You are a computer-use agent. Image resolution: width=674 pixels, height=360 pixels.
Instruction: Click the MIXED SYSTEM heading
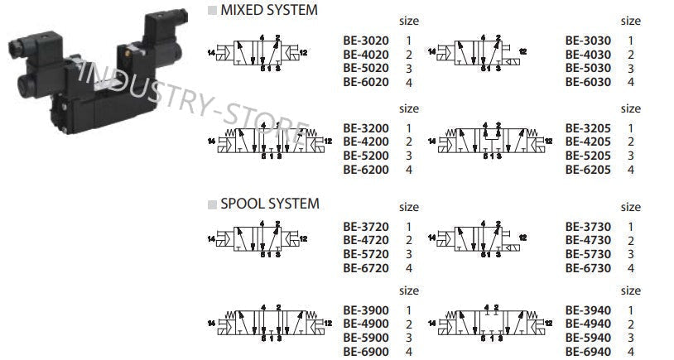268,10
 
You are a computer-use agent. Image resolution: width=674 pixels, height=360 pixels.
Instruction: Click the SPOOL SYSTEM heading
268,204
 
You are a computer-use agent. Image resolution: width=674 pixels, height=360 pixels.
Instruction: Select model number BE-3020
365,40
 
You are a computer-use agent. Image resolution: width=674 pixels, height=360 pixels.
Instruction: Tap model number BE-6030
588,82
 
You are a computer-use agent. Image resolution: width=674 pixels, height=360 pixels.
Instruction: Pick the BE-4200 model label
365,142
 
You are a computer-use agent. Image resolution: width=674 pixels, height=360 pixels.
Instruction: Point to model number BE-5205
588,156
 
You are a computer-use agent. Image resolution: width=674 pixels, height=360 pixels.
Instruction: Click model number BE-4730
588,240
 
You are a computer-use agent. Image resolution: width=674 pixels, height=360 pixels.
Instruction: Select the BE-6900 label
365,352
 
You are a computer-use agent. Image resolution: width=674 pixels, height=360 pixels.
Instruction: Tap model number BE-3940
588,310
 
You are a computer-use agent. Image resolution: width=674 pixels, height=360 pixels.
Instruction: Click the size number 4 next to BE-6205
631,170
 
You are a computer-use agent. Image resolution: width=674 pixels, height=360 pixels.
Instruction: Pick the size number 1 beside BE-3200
408,128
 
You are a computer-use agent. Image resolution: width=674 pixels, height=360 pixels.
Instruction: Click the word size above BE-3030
630,21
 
